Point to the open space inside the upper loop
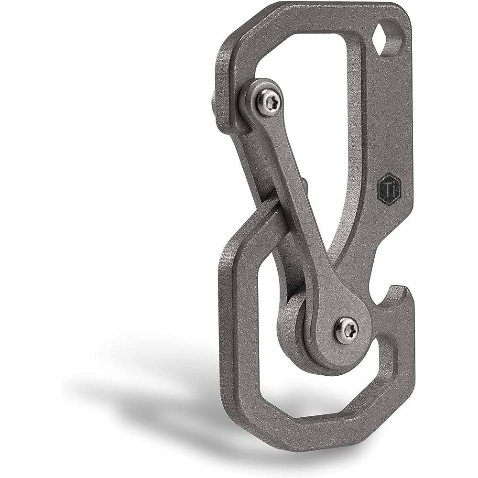coord(315,96)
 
